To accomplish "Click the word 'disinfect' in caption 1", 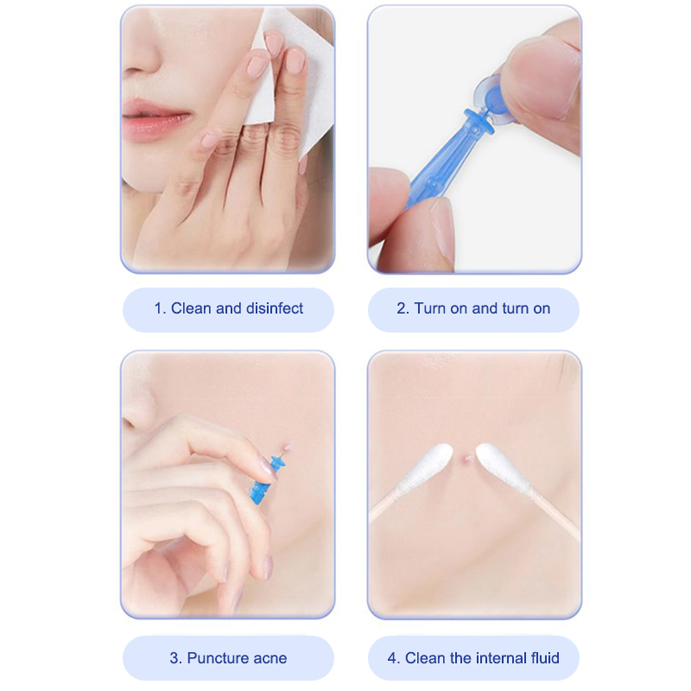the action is tap(274, 308).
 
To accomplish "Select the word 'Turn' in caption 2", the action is tap(430, 308).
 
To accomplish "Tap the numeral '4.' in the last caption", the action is tap(393, 658).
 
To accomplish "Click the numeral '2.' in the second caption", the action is tap(403, 308).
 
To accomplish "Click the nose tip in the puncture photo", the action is tap(137, 410).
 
